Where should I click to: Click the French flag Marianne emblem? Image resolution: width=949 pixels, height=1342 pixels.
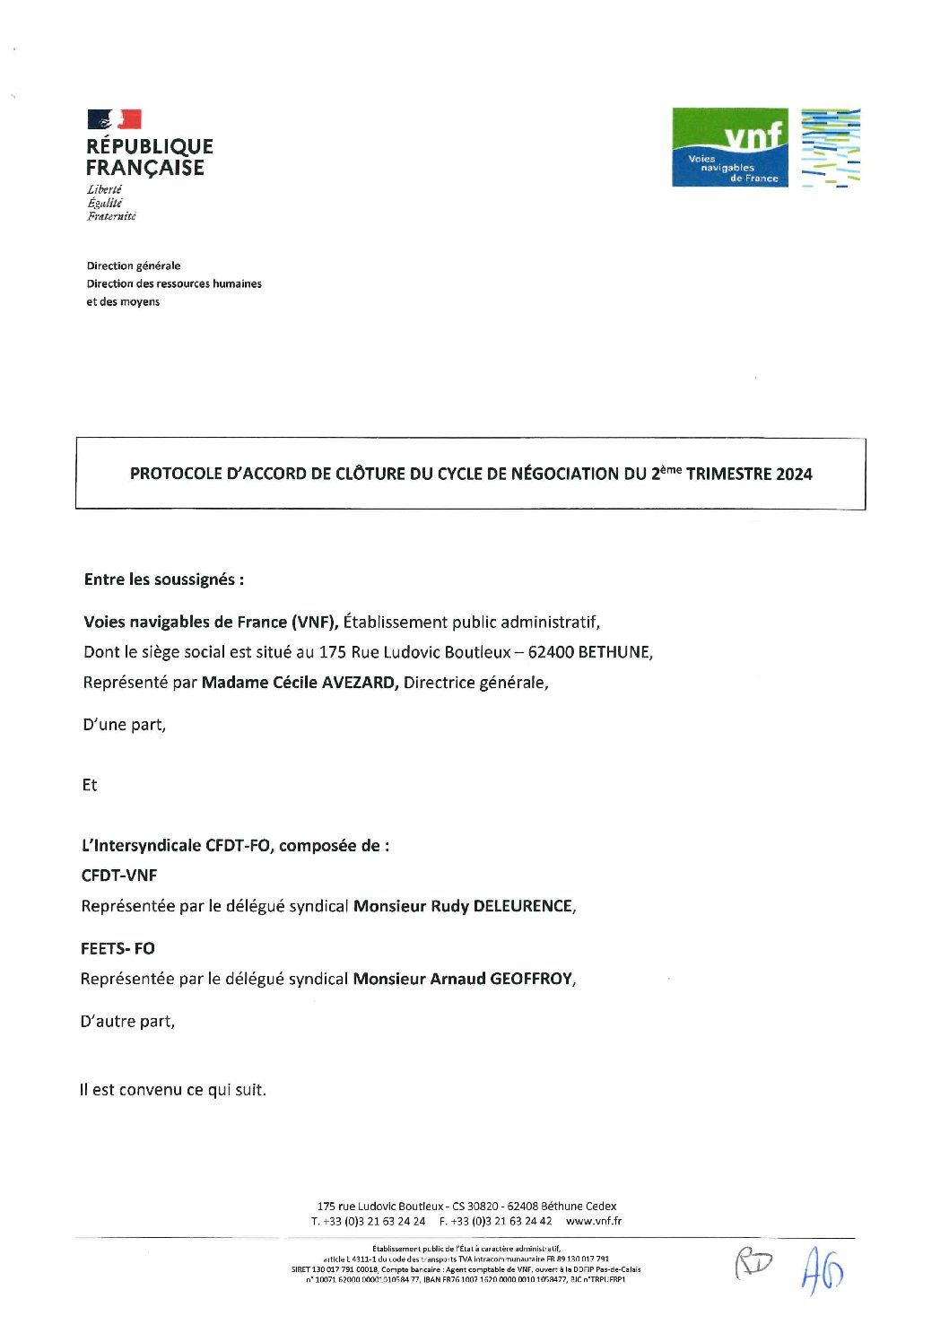click(x=114, y=119)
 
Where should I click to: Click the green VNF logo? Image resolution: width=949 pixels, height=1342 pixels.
click(x=730, y=147)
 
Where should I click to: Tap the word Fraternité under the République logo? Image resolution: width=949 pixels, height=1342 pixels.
click(x=111, y=216)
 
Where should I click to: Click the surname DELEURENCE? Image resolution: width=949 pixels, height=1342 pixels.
click(x=520, y=906)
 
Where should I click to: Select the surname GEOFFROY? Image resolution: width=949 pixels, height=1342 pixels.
click(x=530, y=979)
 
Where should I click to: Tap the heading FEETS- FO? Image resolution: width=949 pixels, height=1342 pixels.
click(x=118, y=948)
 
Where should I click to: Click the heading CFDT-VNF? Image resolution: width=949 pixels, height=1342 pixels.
click(x=119, y=876)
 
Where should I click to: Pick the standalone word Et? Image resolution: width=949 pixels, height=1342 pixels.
click(x=90, y=785)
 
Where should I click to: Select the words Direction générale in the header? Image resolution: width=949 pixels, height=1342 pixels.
click(x=133, y=266)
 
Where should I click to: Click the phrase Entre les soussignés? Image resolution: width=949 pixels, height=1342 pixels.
click(x=163, y=579)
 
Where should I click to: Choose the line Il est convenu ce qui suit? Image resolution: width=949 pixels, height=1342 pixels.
click(x=173, y=1091)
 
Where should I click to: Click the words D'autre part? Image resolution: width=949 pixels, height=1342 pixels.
click(x=127, y=1021)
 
